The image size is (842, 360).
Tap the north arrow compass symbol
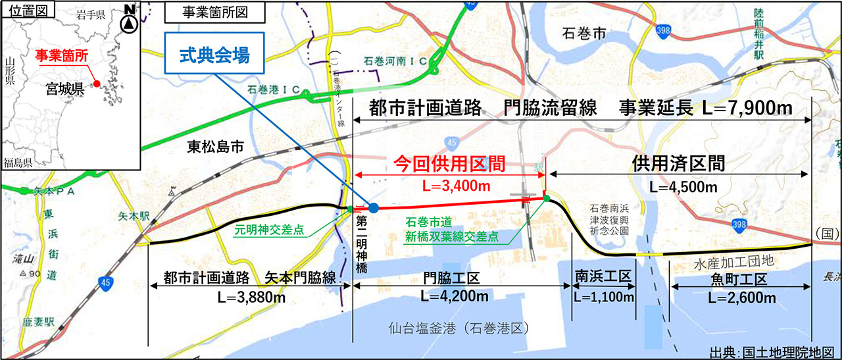click(x=130, y=18)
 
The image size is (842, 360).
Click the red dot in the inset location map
click(x=97, y=84)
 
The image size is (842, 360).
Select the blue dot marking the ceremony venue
click(x=373, y=208)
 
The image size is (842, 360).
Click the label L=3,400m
click(x=449, y=186)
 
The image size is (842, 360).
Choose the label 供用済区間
click(x=679, y=163)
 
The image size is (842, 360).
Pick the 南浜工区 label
click(x=603, y=276)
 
